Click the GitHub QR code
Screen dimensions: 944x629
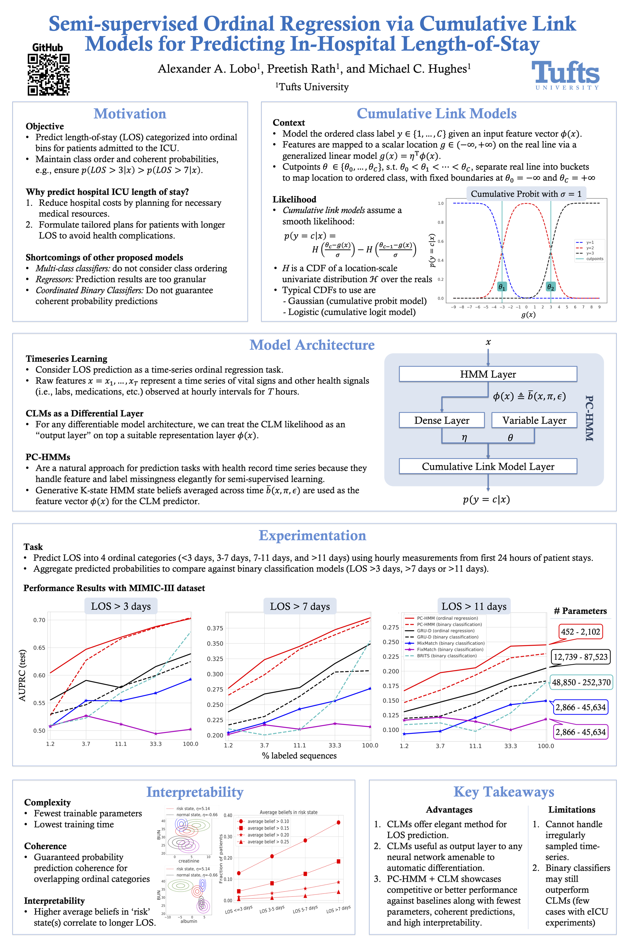coord(48,75)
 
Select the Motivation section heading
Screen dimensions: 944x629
coord(130,114)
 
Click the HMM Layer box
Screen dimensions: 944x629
coord(488,374)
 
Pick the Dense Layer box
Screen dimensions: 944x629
coord(442,420)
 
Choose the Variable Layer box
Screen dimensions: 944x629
coord(534,420)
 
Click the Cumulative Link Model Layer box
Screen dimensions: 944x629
coord(488,466)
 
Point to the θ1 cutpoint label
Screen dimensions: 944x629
coord(502,286)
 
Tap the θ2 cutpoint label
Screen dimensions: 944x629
coord(551,286)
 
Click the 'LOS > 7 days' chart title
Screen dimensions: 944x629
coord(300,606)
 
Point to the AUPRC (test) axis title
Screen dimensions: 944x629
coord(23,676)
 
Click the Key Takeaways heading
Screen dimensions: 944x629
coord(504,792)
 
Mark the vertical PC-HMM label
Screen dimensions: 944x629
coord(589,418)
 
